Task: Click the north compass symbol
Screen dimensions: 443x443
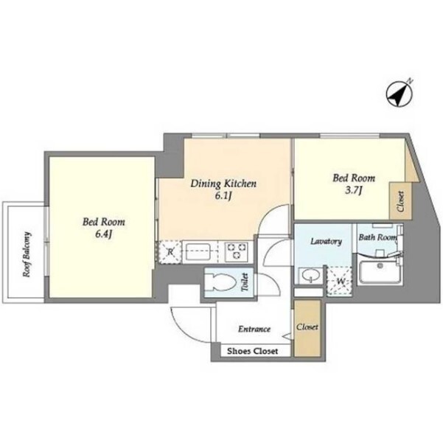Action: (x=399, y=94)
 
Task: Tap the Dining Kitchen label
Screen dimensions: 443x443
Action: (x=223, y=184)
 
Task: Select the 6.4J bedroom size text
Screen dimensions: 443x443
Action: (x=104, y=234)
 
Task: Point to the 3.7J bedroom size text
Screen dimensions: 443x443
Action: (x=354, y=191)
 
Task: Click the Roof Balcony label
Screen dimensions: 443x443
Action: (x=27, y=254)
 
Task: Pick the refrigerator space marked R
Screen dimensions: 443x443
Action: (x=170, y=252)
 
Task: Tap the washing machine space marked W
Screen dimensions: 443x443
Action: (x=340, y=282)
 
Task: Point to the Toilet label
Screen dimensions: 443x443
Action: (x=245, y=282)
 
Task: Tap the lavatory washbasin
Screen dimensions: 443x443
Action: (x=310, y=275)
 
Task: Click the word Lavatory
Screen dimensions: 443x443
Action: (x=326, y=241)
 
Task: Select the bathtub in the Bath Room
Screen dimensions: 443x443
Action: (x=380, y=272)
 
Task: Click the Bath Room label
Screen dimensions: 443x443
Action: (x=377, y=237)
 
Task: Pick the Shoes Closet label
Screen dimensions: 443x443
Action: (x=253, y=351)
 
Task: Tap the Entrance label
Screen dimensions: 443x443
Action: (x=254, y=329)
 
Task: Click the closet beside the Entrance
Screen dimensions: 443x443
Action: (x=307, y=328)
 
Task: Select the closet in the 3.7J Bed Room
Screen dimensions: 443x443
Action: (x=401, y=200)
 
